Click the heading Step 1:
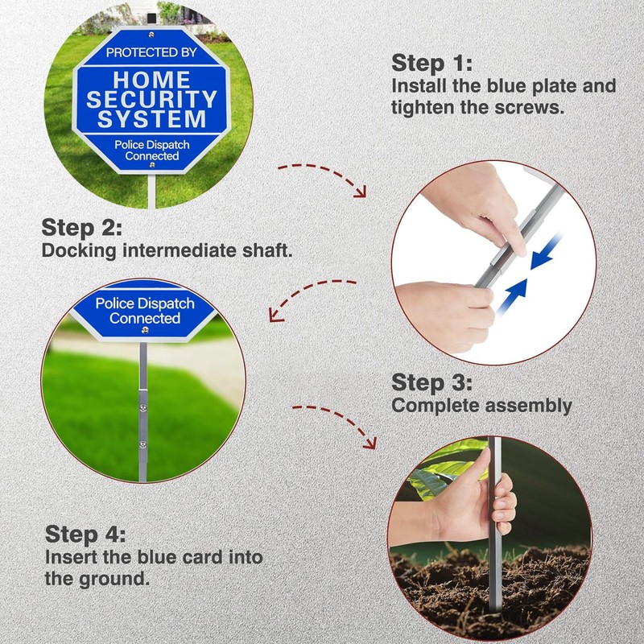click(x=431, y=63)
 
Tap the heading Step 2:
click(x=82, y=227)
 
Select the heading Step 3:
click(x=431, y=382)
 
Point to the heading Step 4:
click(x=85, y=534)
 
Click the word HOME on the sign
click(x=152, y=80)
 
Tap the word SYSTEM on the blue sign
click(x=152, y=118)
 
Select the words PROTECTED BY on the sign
click(x=151, y=52)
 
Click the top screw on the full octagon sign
click(x=151, y=35)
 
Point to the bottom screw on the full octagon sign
click(x=152, y=165)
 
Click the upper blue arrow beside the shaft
click(x=546, y=251)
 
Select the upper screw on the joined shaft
click(x=143, y=408)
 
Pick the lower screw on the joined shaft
click(x=143, y=444)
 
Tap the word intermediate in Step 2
click(x=179, y=250)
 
